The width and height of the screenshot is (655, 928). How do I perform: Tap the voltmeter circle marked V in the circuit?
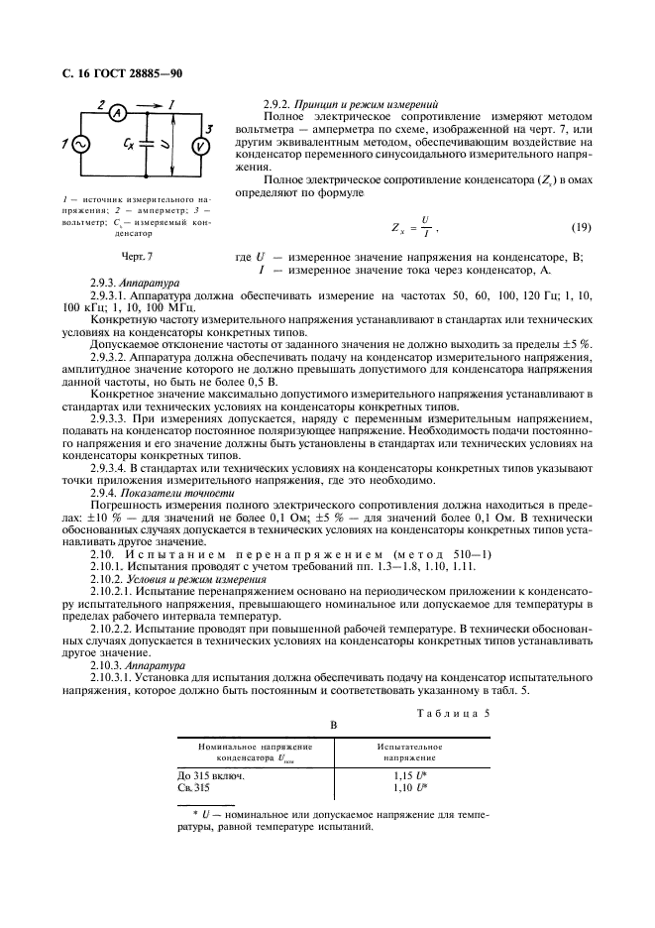200,147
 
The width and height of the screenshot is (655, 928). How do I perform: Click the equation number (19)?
582,228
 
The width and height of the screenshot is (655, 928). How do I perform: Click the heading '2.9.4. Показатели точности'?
163,493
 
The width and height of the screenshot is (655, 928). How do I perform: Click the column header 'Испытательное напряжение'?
409,751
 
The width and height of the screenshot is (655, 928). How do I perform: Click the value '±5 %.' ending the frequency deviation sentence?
578,342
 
